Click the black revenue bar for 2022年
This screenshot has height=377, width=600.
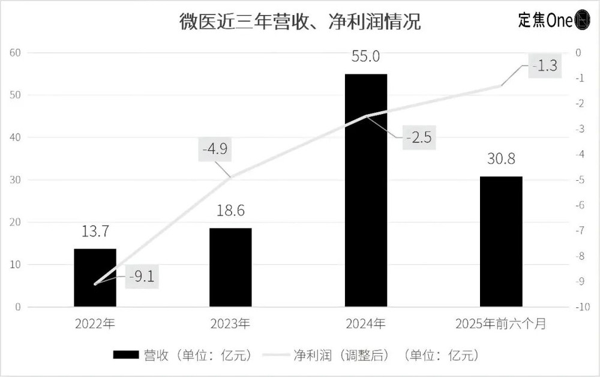pyautogui.click(x=95, y=277)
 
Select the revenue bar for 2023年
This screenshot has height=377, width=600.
pyautogui.click(x=230, y=267)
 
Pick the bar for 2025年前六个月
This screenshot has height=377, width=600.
pyautogui.click(x=501, y=241)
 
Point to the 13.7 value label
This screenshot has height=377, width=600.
pyautogui.click(x=95, y=231)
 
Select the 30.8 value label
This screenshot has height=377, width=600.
pyautogui.click(x=501, y=159)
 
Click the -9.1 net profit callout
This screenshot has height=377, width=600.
pyautogui.click(x=142, y=277)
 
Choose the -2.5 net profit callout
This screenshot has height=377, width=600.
pyautogui.click(x=418, y=137)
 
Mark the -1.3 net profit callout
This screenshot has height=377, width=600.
pyautogui.click(x=544, y=65)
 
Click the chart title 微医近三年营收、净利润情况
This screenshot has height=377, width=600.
pyautogui.click(x=300, y=22)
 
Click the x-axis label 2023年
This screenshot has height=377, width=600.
pyautogui.click(x=230, y=324)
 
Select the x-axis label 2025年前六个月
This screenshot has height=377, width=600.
pyautogui.click(x=501, y=324)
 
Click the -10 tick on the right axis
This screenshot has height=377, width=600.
pyautogui.click(x=580, y=307)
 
